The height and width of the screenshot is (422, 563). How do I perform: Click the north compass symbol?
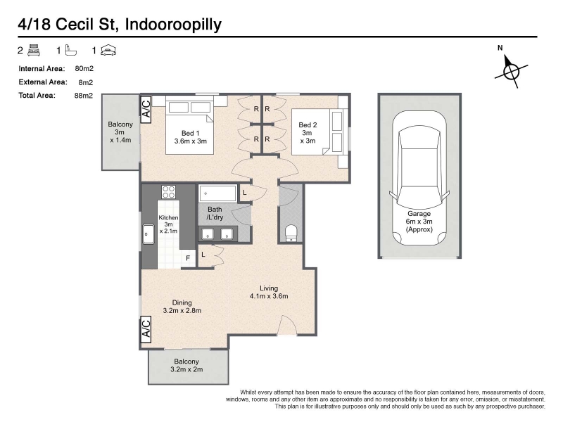coord(512,71)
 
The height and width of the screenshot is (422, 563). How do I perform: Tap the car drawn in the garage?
coord(419,178)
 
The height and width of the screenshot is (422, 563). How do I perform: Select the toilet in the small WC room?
coord(291,234)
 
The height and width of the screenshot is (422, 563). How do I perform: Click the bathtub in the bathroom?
coord(217,194)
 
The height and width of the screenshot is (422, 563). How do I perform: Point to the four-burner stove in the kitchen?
coord(168,191)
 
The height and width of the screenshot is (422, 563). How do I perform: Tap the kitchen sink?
coord(148,234)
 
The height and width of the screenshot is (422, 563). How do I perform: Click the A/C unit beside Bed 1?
coord(146,110)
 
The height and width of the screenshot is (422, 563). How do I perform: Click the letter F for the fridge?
coord(188,258)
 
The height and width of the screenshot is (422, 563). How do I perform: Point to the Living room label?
coord(269,292)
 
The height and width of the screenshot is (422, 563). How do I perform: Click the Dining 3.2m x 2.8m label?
coord(182,307)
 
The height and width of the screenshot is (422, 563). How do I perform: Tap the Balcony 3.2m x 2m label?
coord(186,365)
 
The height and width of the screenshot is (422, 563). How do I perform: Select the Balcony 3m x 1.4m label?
coord(120,132)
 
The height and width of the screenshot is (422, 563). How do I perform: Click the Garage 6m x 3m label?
coord(419,222)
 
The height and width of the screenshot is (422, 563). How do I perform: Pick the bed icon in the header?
coord(34,50)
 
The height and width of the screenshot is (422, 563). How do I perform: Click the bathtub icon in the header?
coord(71,50)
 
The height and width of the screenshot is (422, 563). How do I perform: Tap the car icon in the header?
coord(108,50)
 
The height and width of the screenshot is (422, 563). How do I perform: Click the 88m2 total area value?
coord(84,96)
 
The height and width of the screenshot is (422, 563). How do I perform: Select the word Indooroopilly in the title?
coord(173,25)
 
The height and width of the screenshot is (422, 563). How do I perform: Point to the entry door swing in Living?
coord(287,325)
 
